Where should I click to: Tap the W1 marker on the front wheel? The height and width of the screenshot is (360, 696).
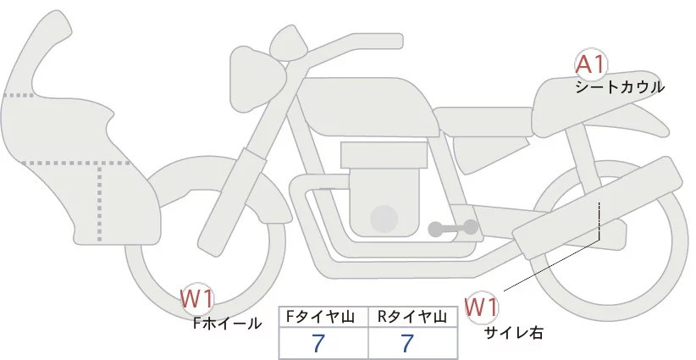pyautogui.click(x=197, y=298)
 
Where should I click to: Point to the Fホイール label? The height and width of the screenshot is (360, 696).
pyautogui.click(x=227, y=323)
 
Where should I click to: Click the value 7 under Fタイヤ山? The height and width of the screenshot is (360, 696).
pyautogui.click(x=318, y=344)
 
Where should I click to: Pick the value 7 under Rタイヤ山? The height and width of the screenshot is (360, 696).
pyautogui.click(x=408, y=344)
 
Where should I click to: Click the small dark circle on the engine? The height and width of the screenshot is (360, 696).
pyautogui.click(x=385, y=218)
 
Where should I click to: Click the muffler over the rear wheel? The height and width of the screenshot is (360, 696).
pyautogui.click(x=601, y=202)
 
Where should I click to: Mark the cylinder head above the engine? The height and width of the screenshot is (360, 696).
pyautogui.click(x=384, y=155)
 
